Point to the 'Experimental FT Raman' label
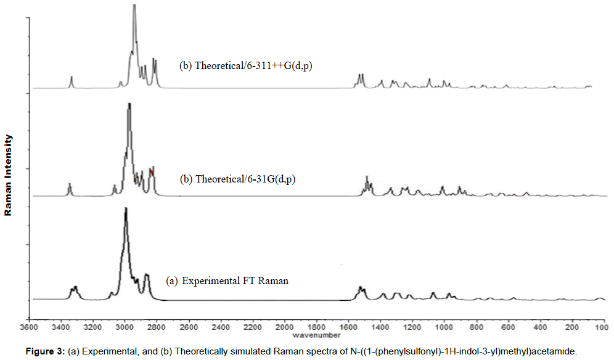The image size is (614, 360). pyautogui.click(x=227, y=281)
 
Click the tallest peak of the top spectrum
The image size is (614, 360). pyautogui.click(x=134, y=6)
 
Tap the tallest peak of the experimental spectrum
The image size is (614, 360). pyautogui.click(x=126, y=210)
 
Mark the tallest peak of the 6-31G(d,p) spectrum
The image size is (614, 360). pyautogui.click(x=129, y=104)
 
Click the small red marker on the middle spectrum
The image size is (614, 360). pyautogui.click(x=151, y=172)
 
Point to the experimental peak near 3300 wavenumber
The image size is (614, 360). pyautogui.click(x=75, y=288)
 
